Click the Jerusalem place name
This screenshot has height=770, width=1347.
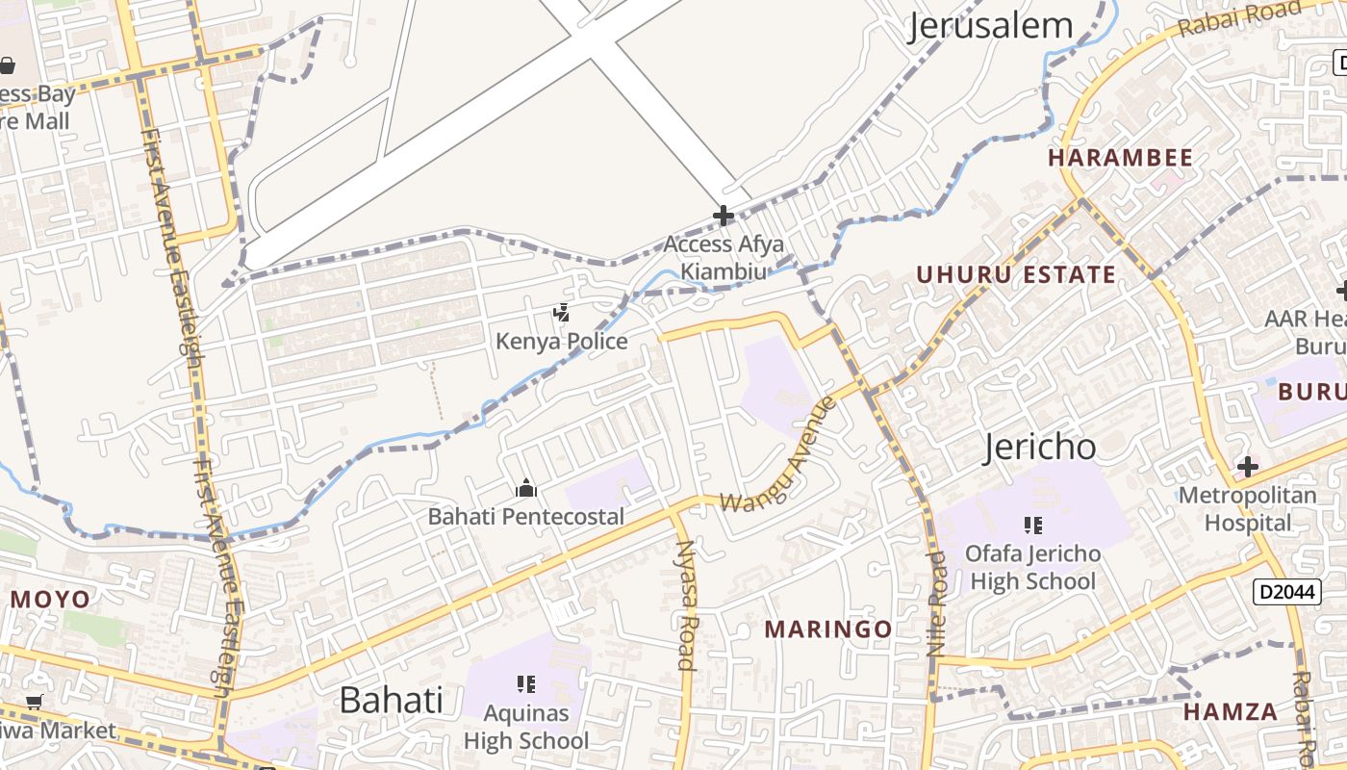(991, 26)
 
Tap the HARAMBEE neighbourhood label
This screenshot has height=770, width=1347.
(1120, 158)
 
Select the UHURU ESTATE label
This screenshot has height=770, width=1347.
(1016, 274)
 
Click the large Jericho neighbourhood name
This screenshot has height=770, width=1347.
(1040, 448)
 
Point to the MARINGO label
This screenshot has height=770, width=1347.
(828, 629)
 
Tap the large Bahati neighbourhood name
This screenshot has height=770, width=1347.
(391, 700)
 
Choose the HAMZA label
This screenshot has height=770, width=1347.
(1231, 712)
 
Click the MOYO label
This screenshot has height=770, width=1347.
(50, 600)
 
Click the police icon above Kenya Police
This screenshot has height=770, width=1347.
(561, 313)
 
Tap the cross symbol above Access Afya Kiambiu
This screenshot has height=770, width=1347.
(724, 216)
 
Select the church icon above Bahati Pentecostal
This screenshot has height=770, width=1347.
(525, 489)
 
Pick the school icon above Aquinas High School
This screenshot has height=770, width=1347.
(525, 684)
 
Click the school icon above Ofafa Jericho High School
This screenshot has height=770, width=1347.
(1032, 526)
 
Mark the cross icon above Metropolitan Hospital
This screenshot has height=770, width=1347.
(1247, 468)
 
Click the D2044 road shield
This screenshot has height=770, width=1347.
(1285, 591)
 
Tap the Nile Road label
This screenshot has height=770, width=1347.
(937, 603)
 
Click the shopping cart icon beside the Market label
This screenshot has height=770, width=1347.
(35, 703)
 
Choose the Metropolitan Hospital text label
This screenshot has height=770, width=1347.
(1247, 509)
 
